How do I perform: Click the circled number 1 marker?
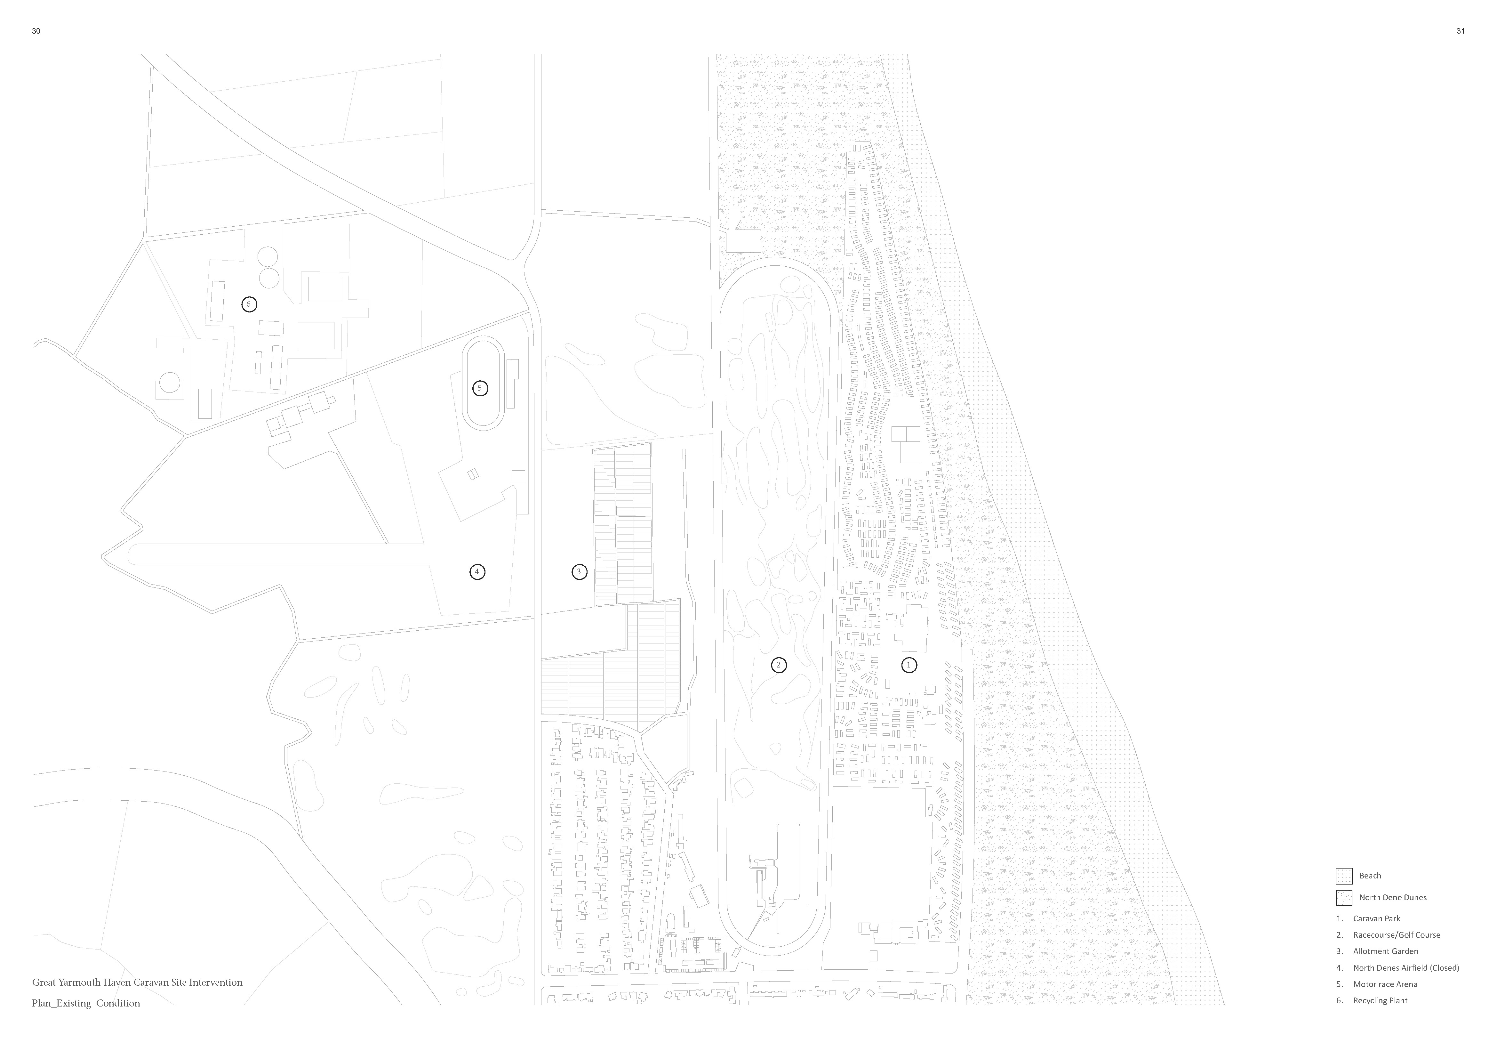(909, 665)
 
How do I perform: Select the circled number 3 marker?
(579, 572)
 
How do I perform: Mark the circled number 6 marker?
(248, 304)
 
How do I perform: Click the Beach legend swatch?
(1344, 876)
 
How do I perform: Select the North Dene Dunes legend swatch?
(1344, 897)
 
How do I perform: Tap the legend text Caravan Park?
(1376, 918)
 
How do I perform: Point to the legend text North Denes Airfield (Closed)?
(1406, 968)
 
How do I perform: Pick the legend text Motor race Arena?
(1385, 984)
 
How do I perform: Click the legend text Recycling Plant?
(1380, 1000)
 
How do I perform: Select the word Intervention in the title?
(215, 982)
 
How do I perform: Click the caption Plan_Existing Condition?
(86, 1003)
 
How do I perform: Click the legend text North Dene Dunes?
(1393, 897)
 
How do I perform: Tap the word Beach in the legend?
(1370, 876)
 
